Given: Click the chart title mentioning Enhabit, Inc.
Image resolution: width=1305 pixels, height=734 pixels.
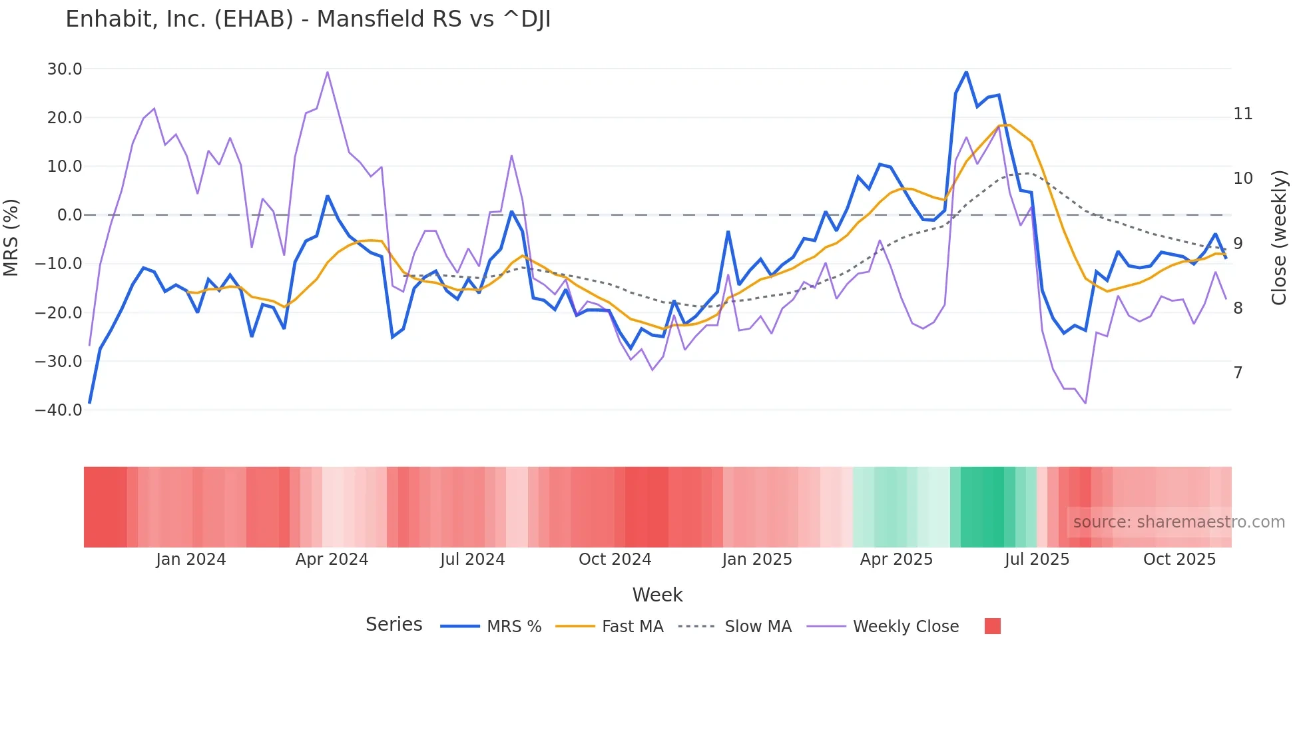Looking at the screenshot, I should [308, 19].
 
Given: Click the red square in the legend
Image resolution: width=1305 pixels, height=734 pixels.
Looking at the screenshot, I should [992, 626].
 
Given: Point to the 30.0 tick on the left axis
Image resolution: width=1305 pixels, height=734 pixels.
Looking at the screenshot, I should [65, 69].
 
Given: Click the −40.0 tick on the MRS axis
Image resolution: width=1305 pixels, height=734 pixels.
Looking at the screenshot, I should [59, 410].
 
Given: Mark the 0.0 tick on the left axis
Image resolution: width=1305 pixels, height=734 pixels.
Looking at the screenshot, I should [69, 215].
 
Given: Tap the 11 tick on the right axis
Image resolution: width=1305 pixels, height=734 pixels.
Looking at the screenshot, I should [1242, 114].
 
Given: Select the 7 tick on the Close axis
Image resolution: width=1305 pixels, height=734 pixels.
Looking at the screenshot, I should [1238, 373].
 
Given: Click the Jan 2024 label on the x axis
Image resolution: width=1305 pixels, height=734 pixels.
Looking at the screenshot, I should [191, 559].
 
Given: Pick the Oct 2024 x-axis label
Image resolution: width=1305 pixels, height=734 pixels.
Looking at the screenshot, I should [615, 559].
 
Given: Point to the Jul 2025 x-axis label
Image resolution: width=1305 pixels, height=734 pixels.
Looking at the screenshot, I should [1037, 559].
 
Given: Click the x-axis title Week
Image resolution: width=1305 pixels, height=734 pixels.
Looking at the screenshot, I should [657, 595].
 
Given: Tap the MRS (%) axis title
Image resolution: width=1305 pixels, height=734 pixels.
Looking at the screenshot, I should [11, 238].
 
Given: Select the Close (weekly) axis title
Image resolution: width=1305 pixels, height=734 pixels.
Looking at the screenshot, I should [1278, 238].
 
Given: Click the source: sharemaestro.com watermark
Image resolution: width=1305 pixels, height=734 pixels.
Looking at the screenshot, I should [1178, 522].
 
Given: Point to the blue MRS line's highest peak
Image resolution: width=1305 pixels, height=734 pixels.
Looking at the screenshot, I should [966, 72].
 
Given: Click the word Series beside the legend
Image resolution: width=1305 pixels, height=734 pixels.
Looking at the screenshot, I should [393, 625].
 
